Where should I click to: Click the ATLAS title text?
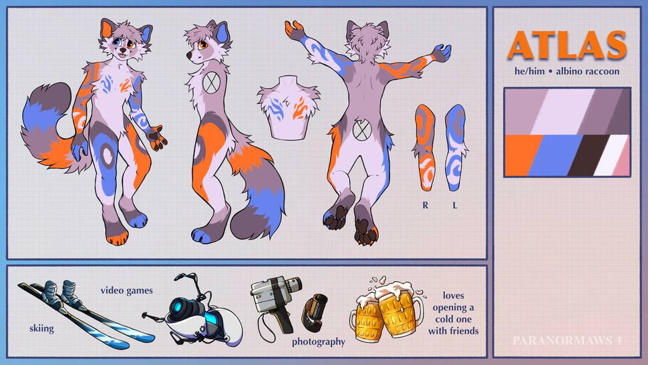pyautogui.click(x=567, y=45)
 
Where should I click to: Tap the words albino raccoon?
pyautogui.click(x=587, y=71)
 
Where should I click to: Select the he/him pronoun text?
pyautogui.click(x=529, y=71)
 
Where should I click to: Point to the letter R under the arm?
pyautogui.click(x=426, y=206)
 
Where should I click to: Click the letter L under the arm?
pyautogui.click(x=455, y=206)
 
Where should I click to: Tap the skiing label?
pyautogui.click(x=41, y=329)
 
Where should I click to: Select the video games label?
pyautogui.click(x=126, y=291)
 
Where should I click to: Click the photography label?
pyautogui.click(x=318, y=342)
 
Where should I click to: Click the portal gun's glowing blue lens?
pyautogui.click(x=182, y=307)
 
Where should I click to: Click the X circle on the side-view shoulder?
pyautogui.click(x=210, y=83)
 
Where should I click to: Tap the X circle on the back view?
pyautogui.click(x=362, y=129)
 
